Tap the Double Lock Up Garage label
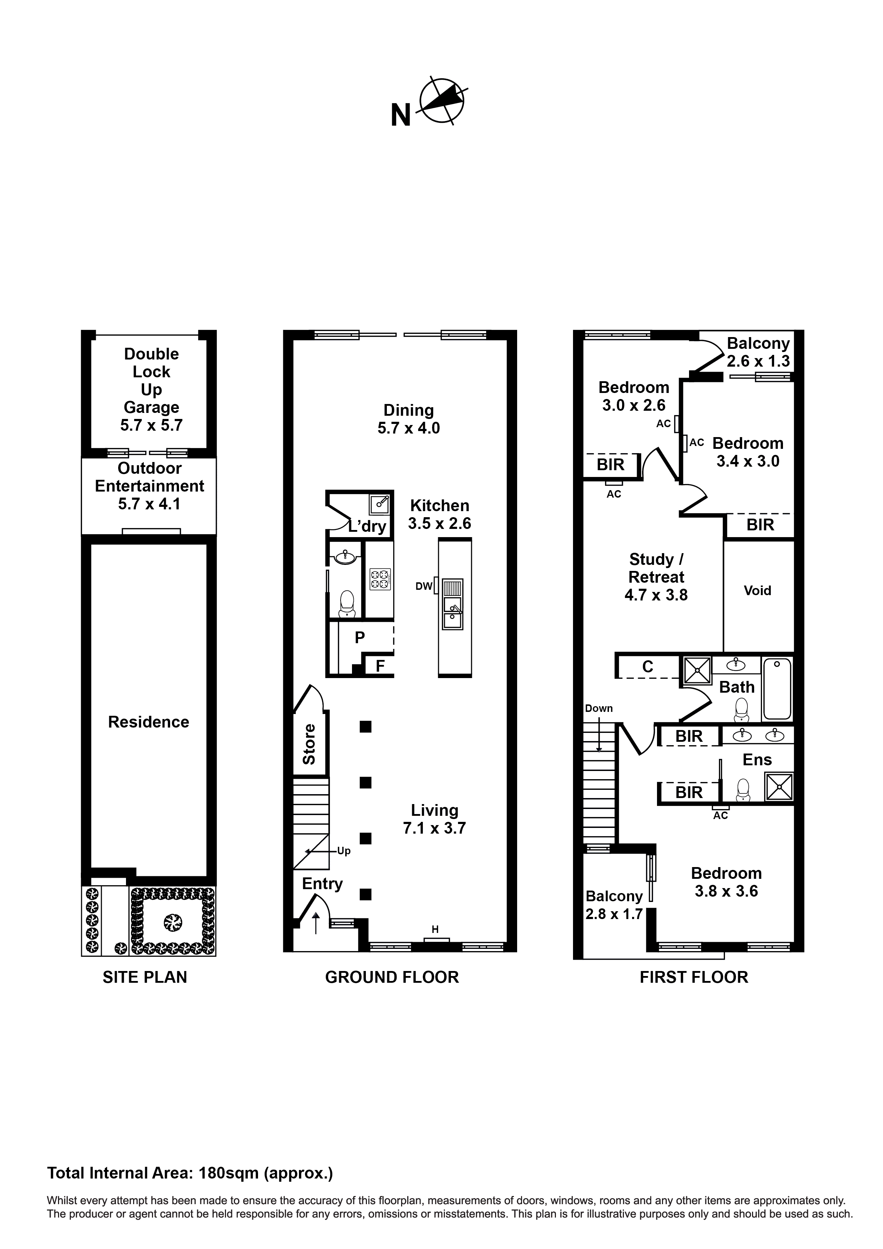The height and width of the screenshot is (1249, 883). point(151,389)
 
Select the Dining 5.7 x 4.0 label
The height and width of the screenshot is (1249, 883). point(409,419)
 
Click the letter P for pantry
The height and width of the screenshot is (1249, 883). point(359,637)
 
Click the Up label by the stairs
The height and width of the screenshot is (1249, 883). point(344,851)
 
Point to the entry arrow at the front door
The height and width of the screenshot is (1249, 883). point(316,923)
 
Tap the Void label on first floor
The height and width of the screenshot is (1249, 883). point(757,591)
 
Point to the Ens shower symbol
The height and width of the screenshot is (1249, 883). point(779,787)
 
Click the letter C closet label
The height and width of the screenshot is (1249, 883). point(647,667)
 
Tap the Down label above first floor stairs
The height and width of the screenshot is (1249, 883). point(599,708)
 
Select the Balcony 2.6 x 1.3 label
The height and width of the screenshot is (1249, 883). point(758,352)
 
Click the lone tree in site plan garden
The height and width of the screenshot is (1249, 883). point(173,922)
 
